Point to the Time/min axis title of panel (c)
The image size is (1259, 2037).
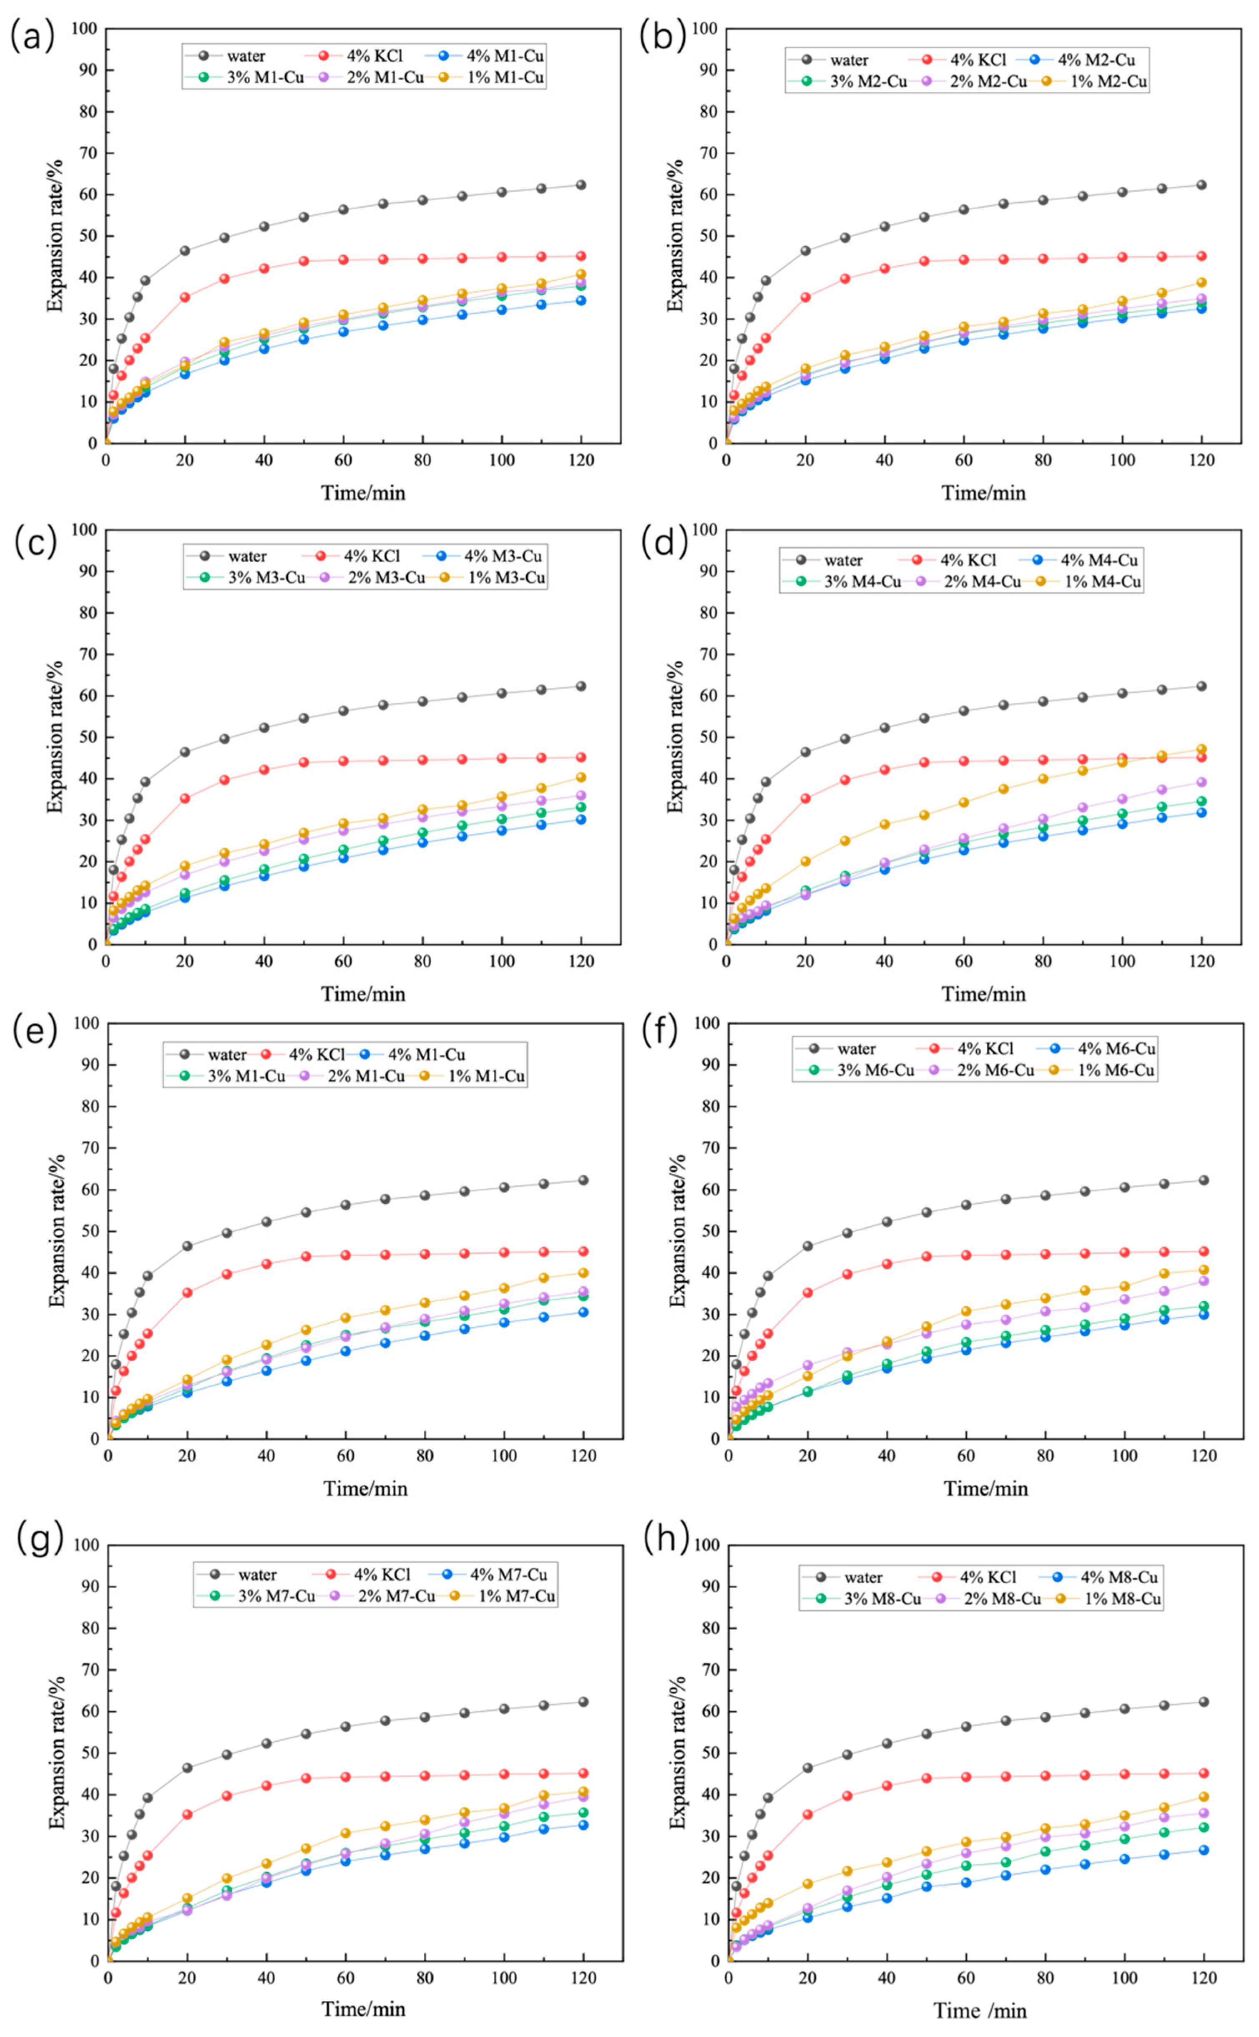coord(363,993)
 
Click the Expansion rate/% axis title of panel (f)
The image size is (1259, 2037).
coord(677,1231)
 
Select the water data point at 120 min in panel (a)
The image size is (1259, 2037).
coord(580,185)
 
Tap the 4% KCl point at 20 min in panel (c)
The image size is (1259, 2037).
coord(185,798)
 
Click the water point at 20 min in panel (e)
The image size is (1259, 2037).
coord(186,1246)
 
